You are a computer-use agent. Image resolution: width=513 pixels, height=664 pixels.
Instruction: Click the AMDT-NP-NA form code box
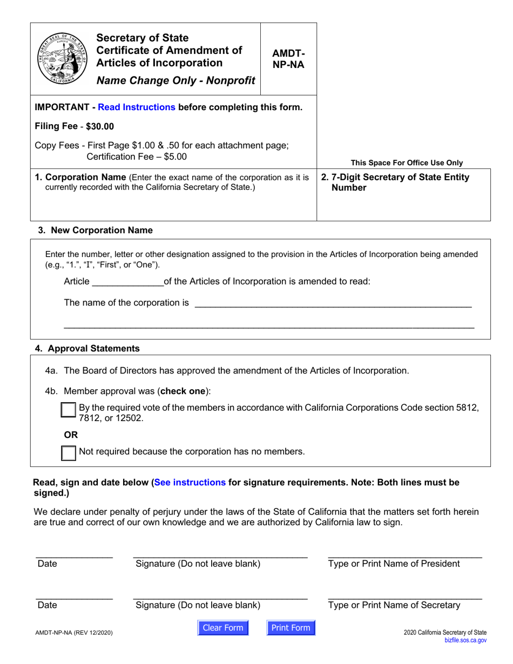point(288,58)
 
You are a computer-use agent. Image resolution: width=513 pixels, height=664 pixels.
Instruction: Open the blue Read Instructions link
point(137,107)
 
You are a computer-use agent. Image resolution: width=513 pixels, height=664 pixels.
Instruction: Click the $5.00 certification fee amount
point(175,157)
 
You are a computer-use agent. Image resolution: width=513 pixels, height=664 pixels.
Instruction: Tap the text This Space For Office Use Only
point(407,162)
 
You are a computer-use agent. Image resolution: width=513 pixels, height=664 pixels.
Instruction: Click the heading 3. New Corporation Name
point(95,231)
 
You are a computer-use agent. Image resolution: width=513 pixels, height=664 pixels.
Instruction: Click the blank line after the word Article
point(127,281)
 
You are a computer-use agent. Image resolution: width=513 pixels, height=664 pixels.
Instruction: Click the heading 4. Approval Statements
point(87,349)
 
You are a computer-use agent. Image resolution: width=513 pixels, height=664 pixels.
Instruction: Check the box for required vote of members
point(69,410)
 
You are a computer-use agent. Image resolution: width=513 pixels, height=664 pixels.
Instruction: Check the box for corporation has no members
point(69,452)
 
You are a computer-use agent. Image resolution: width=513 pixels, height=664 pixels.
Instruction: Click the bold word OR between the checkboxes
point(71,434)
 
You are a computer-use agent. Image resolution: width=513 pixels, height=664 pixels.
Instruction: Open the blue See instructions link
point(190,483)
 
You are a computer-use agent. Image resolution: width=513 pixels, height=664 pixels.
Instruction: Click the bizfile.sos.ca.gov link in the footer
point(465,640)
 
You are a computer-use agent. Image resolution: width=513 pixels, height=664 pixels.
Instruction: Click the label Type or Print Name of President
point(394,564)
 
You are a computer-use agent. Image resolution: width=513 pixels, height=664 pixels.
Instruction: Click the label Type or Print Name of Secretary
point(394,606)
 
